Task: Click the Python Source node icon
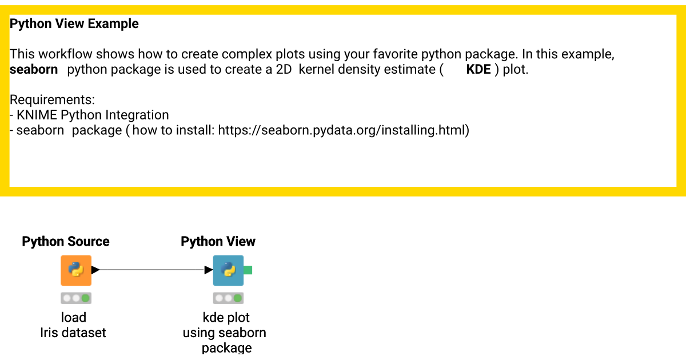click(x=76, y=270)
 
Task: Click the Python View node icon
click(x=228, y=270)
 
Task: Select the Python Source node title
click(x=66, y=242)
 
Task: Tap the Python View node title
click(x=218, y=242)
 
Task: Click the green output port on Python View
click(x=248, y=270)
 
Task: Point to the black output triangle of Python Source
click(x=95, y=270)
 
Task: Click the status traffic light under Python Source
click(x=76, y=298)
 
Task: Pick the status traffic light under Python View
click(x=228, y=298)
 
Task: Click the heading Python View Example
click(x=74, y=24)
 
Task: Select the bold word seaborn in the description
click(x=34, y=70)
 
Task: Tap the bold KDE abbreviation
click(x=478, y=70)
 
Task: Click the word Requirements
click(x=52, y=101)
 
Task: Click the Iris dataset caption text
click(x=73, y=333)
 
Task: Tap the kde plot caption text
click(x=226, y=318)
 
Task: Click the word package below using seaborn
click(x=226, y=347)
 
